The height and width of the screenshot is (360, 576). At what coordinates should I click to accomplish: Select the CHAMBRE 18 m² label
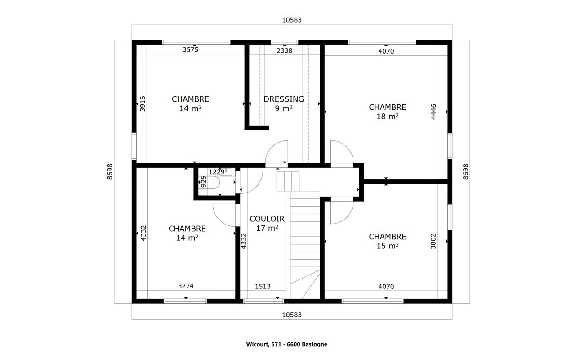click(388, 112)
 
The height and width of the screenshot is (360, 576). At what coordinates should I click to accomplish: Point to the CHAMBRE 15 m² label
click(388, 241)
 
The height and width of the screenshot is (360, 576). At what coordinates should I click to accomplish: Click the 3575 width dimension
click(191, 49)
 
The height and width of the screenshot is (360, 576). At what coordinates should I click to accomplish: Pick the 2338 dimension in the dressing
click(284, 51)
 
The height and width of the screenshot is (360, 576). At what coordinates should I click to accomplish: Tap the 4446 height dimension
click(433, 112)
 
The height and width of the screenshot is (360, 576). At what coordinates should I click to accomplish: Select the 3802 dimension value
click(433, 241)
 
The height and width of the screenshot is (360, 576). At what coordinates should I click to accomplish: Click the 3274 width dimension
click(186, 286)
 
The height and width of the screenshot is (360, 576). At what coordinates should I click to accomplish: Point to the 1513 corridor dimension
click(263, 286)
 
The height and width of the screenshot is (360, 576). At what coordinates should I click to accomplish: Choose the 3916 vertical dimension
click(143, 103)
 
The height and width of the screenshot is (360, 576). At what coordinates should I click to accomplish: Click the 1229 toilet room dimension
click(217, 172)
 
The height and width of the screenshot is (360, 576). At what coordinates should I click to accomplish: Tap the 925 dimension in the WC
click(203, 182)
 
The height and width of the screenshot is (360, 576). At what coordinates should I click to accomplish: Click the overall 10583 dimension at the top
click(292, 20)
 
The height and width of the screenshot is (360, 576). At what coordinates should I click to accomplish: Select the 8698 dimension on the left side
click(110, 171)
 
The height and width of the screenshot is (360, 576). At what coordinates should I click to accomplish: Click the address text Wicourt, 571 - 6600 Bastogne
click(287, 344)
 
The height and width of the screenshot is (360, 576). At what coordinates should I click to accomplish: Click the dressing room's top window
click(284, 42)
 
